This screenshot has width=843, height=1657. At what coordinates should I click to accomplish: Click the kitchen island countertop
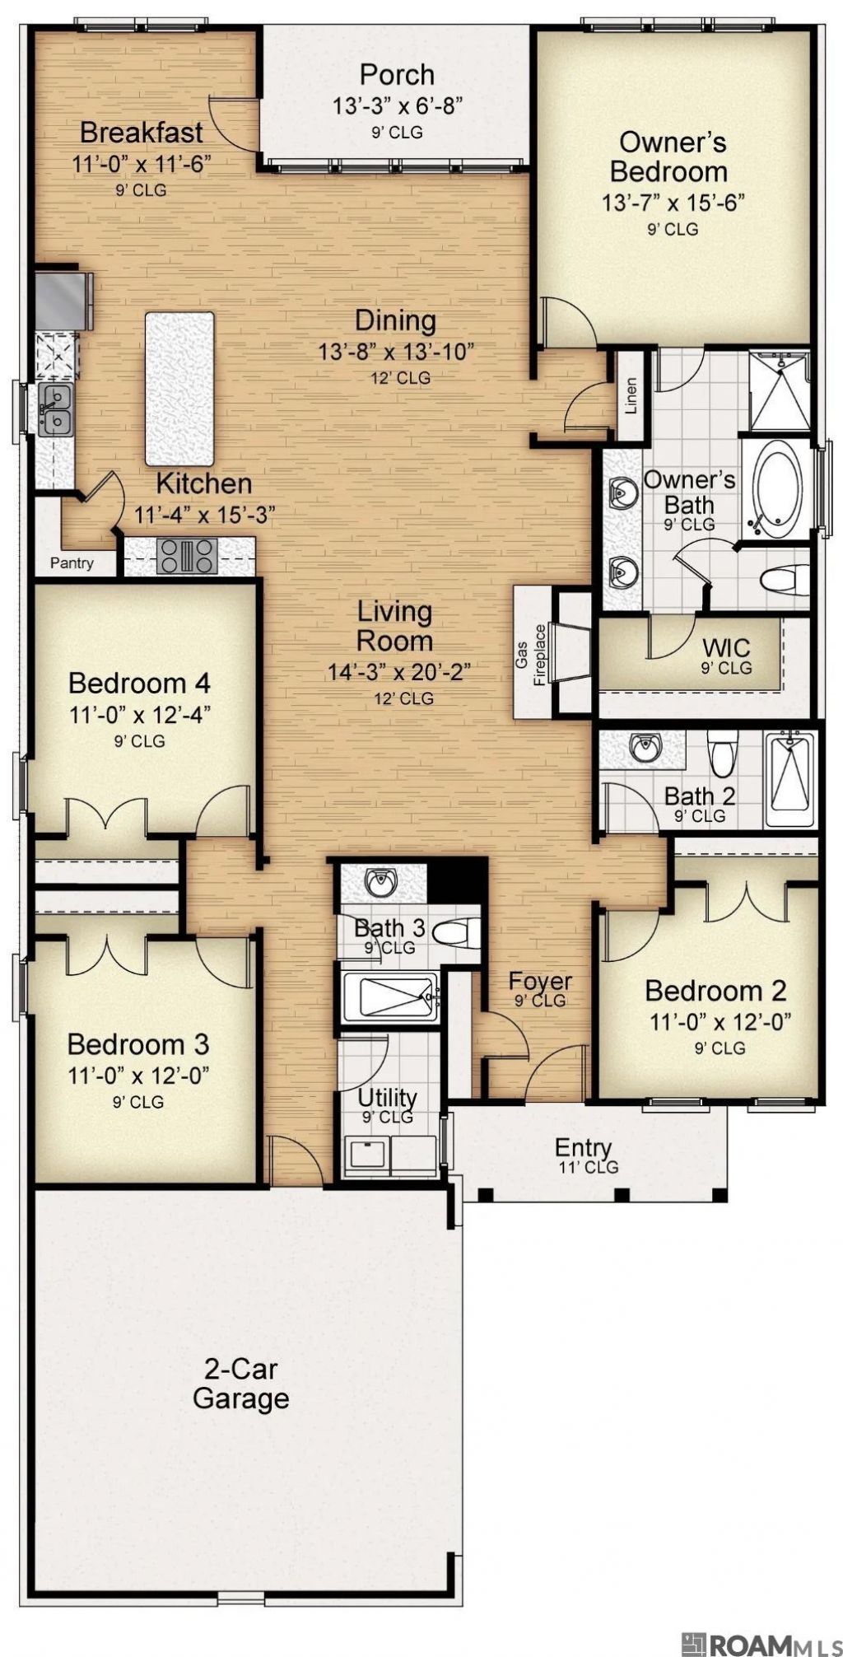tap(179, 388)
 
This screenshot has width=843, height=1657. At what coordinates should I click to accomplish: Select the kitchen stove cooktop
tap(188, 555)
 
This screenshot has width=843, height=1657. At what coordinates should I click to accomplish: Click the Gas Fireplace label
tap(532, 655)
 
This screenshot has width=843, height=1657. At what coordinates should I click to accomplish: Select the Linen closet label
tap(631, 396)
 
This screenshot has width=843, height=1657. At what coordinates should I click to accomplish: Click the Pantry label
tap(72, 564)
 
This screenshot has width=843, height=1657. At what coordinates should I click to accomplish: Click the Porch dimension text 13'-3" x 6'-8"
tap(398, 105)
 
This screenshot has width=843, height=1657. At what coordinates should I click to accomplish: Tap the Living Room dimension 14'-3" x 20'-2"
tap(398, 672)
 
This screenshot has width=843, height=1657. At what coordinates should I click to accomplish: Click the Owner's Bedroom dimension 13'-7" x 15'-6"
tap(673, 203)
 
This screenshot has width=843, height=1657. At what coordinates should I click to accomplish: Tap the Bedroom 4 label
tap(139, 683)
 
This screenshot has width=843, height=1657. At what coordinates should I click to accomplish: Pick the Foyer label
tap(540, 981)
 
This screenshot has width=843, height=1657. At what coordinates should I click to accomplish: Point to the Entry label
tap(584, 1146)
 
